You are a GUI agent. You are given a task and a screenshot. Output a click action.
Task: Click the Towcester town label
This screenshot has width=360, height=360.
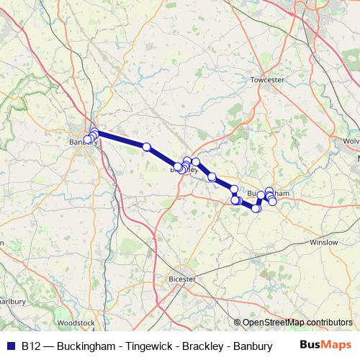click(268, 80)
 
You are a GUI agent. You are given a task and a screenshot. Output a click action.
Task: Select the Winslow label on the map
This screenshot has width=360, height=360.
click(323, 242)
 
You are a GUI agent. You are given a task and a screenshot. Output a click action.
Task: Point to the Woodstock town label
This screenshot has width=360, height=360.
click(75, 323)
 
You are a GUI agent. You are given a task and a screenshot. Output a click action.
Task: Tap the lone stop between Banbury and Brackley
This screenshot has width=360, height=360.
click(147, 147)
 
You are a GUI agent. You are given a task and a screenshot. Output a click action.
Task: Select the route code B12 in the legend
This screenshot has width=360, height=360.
click(30, 346)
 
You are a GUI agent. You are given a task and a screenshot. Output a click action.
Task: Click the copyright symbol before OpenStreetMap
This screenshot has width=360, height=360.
click(238, 323)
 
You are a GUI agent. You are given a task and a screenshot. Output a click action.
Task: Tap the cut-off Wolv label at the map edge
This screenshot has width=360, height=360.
click(351, 141)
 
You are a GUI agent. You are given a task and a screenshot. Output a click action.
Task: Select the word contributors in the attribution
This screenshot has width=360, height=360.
click(329, 323)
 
